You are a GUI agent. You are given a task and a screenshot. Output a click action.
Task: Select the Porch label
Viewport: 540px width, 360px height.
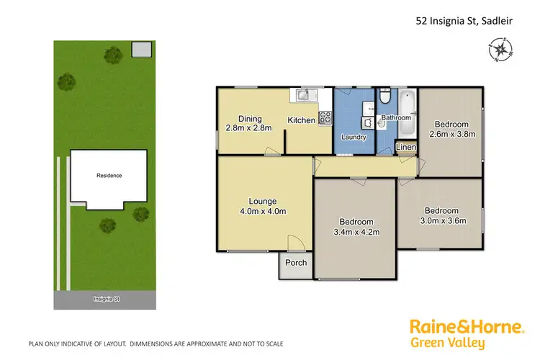(x=296, y=263)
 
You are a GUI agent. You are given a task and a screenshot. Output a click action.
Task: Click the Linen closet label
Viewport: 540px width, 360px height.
(x=405, y=148)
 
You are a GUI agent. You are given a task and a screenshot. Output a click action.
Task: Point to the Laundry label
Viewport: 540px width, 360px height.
(x=354, y=137)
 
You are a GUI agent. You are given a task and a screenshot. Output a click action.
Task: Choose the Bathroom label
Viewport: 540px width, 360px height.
(x=396, y=117)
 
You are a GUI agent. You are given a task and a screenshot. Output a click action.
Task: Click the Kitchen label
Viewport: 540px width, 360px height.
(x=301, y=120)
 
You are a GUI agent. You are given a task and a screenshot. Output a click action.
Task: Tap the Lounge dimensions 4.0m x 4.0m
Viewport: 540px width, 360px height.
(x=263, y=211)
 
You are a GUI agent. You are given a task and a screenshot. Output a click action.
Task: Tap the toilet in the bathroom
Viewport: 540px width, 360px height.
(x=385, y=96)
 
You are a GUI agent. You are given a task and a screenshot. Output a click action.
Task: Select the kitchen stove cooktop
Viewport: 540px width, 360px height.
(x=324, y=116)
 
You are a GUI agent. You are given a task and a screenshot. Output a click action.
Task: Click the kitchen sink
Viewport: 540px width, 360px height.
(x=304, y=95)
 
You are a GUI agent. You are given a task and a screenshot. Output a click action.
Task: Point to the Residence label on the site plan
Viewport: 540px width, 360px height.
(x=109, y=175)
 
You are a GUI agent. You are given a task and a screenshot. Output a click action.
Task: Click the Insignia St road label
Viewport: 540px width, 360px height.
(x=105, y=298)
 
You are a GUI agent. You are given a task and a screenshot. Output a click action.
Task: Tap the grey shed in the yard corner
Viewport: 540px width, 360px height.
(x=142, y=49)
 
